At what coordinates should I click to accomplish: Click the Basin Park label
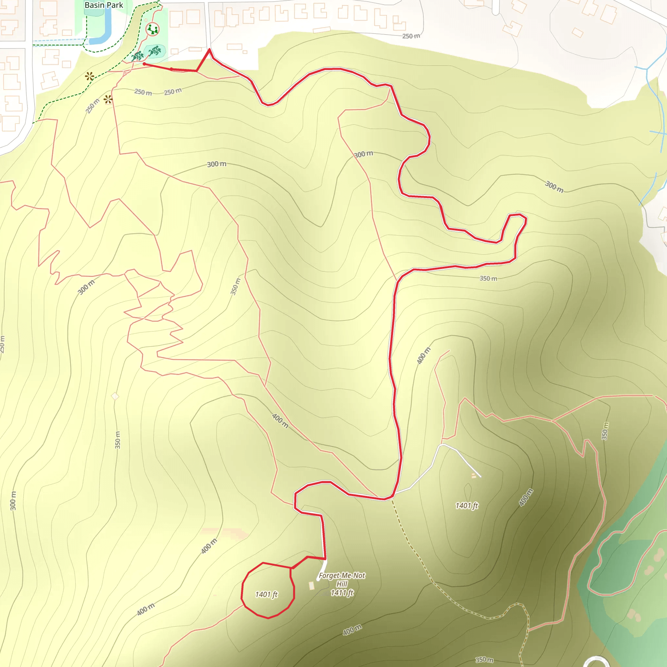point(104,5)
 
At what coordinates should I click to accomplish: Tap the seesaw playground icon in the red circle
point(152,29)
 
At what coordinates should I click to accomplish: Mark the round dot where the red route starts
point(144,64)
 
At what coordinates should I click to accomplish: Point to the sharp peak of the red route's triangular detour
point(209,50)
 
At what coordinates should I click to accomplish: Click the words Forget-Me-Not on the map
point(341,575)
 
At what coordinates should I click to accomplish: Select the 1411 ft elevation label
point(342,593)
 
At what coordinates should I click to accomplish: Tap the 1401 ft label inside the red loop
point(266,594)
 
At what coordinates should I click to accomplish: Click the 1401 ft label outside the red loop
point(466,506)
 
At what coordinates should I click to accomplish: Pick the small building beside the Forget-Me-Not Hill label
point(312,586)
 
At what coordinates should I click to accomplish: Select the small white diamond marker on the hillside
point(115,396)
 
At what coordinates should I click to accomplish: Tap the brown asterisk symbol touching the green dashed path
point(90,76)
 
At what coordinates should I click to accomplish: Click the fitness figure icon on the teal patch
point(155,51)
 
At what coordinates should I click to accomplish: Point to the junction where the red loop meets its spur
point(292,568)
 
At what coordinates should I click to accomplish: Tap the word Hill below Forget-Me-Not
point(341,584)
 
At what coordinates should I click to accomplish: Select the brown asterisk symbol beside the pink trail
point(108,100)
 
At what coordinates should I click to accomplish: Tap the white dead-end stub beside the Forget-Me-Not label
point(322,571)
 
